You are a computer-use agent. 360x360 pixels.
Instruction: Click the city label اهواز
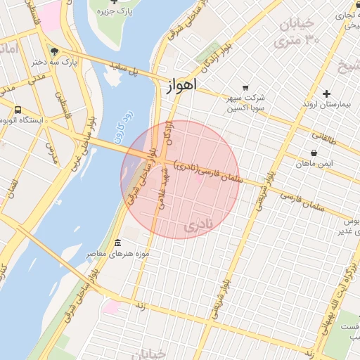[x=182, y=84]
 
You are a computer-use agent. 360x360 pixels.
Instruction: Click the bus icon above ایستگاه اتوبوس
[x=18, y=110]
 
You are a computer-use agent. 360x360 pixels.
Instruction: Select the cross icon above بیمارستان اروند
[x=326, y=94]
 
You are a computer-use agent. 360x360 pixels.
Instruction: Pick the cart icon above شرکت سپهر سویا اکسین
[x=245, y=87]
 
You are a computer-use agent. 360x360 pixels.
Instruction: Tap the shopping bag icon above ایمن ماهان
[x=314, y=153]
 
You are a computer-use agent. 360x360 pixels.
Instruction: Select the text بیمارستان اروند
[x=329, y=104]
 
